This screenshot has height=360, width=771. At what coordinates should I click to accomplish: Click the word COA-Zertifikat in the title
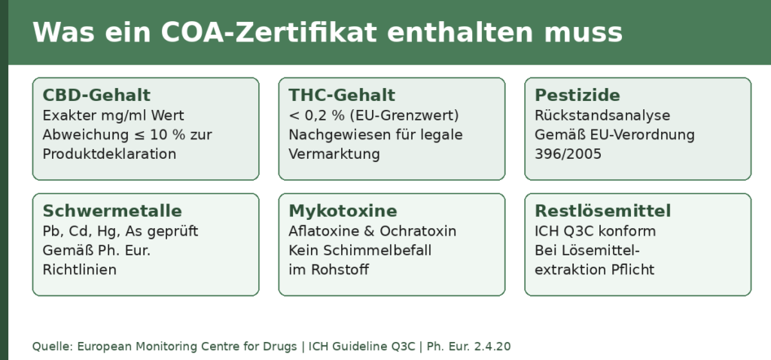click(269, 32)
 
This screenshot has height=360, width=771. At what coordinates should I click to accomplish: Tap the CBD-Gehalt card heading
click(96, 95)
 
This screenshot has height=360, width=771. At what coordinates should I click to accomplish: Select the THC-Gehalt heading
click(342, 95)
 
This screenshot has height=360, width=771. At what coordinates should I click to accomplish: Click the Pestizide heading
click(577, 95)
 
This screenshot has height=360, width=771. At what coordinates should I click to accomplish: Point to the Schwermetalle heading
click(112, 211)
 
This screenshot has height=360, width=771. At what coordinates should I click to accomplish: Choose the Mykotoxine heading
click(343, 211)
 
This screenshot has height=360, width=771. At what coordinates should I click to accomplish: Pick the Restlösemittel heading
click(603, 211)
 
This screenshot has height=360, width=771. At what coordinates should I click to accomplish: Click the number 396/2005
click(568, 154)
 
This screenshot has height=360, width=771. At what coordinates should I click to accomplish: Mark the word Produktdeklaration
click(109, 154)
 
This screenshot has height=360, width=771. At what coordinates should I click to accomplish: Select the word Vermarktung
click(334, 154)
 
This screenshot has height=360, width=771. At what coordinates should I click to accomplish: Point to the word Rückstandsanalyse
click(602, 115)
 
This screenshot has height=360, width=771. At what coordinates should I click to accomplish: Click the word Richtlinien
click(80, 270)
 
